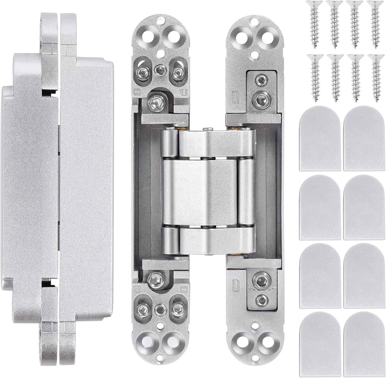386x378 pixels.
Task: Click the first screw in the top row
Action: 313,24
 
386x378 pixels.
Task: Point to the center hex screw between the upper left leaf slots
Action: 160,68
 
